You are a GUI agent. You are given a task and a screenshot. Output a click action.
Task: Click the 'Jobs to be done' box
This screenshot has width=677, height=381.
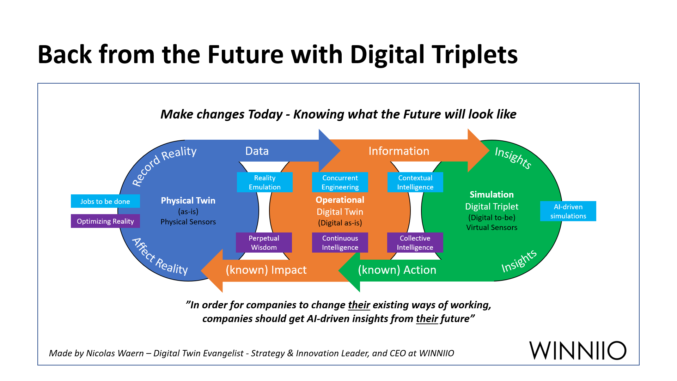click(x=105, y=201)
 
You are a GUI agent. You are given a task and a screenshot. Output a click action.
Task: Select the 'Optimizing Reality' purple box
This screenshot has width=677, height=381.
click(x=105, y=221)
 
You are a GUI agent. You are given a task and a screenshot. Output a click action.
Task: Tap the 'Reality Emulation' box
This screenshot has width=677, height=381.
click(x=265, y=182)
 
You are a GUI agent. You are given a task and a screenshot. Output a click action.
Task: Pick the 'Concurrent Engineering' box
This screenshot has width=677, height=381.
click(x=340, y=182)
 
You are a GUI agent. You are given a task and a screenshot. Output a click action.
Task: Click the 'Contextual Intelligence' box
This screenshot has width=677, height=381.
click(x=415, y=182)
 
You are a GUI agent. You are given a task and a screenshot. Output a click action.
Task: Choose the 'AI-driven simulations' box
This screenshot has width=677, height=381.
click(x=568, y=211)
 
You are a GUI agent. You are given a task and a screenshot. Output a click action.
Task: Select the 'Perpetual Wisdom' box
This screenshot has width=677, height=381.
click(x=264, y=243)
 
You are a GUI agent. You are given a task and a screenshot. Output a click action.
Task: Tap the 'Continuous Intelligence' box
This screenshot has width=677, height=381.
click(x=340, y=243)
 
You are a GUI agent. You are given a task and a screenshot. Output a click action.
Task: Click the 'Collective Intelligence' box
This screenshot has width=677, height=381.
click(x=415, y=243)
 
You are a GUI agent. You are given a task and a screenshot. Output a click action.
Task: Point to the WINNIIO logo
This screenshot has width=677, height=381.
click(x=578, y=350)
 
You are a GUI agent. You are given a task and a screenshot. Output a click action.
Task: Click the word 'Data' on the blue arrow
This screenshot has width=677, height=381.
click(x=257, y=151)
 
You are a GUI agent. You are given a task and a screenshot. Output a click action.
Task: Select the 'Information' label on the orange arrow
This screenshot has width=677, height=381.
click(x=399, y=151)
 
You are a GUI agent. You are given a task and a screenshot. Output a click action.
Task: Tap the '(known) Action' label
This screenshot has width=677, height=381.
click(x=397, y=270)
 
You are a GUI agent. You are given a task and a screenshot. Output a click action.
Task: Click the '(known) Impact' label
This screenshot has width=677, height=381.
click(x=266, y=270)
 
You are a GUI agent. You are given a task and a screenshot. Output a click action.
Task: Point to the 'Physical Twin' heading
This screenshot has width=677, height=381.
click(x=188, y=200)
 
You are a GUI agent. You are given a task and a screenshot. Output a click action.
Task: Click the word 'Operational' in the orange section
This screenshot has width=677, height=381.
click(x=340, y=200)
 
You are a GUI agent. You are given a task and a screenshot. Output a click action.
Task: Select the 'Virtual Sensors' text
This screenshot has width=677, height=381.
click(x=492, y=228)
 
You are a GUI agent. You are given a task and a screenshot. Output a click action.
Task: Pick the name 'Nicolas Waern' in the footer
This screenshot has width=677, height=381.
click(x=115, y=353)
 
